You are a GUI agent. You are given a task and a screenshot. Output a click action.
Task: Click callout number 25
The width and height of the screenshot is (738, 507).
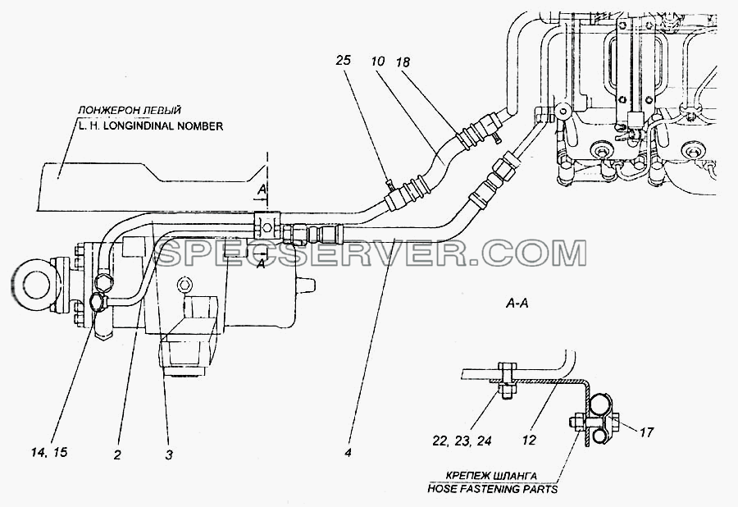[x=344, y=60]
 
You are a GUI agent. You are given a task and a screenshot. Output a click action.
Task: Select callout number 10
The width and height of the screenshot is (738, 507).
[x=377, y=61]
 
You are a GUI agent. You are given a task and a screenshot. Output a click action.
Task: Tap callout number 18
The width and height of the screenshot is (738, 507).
[x=403, y=62]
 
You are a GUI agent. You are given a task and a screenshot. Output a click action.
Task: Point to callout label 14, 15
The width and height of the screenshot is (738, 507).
[x=49, y=453]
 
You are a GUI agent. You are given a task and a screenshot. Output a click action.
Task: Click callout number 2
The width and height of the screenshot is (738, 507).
[x=117, y=454]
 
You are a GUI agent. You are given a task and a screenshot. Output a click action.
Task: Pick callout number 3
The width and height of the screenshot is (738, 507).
[x=169, y=454]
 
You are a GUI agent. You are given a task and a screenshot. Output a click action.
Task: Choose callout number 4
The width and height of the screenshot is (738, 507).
[x=348, y=453]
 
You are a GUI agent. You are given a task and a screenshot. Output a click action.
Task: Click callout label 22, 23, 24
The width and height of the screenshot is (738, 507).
[x=462, y=441]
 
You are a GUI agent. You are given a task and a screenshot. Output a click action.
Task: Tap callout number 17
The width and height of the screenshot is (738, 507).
[x=646, y=432]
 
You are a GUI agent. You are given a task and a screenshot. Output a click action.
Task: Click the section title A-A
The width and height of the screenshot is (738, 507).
[x=517, y=304]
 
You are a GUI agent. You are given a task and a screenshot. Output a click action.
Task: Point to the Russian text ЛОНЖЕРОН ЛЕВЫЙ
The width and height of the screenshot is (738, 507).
[x=130, y=111]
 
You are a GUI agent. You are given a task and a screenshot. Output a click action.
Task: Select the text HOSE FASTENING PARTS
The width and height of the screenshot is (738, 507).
[x=492, y=489]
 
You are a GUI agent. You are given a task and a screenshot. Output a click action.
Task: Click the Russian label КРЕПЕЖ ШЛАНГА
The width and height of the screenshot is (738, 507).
[x=492, y=476]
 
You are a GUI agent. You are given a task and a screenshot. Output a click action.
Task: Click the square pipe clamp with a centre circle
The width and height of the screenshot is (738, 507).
[x=266, y=225]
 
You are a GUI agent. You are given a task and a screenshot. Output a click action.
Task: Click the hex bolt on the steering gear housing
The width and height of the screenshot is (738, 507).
[x=184, y=285]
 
